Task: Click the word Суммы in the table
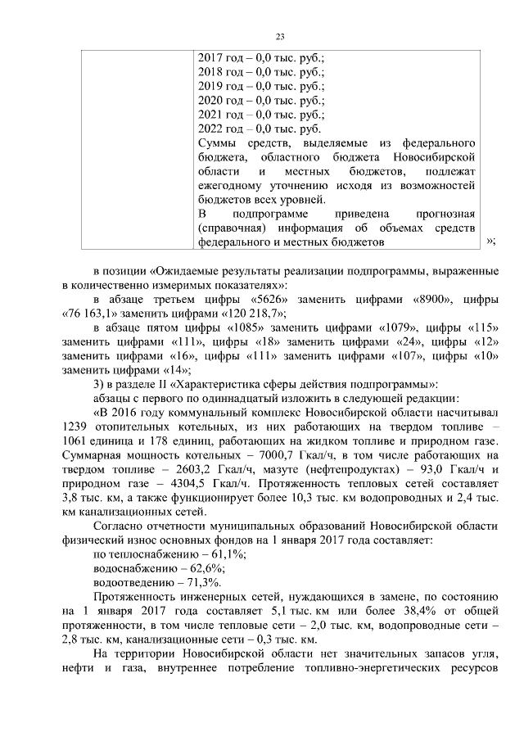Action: click(219, 144)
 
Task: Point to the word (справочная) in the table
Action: click(233, 229)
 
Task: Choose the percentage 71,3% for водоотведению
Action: click(202, 583)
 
